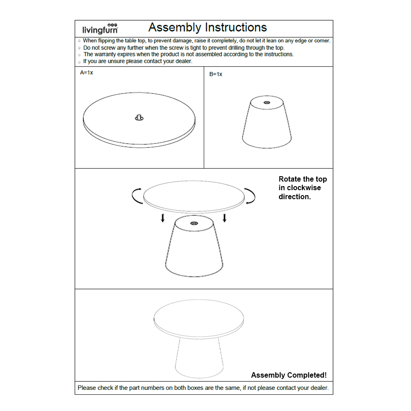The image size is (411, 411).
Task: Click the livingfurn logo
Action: click(100, 29)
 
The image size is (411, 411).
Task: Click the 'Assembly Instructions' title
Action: click(207, 27)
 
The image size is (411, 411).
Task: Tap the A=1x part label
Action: click(87, 73)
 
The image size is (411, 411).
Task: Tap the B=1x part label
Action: click(215, 74)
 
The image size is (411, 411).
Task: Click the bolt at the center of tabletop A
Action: click(139, 118)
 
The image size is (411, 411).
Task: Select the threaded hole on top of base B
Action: click(266, 103)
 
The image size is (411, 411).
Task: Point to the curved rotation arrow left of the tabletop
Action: click(137, 196)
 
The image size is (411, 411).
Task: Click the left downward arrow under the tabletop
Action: click(163, 218)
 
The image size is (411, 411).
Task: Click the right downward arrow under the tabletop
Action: click(224, 218)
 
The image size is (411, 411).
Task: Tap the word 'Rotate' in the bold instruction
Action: click(291, 179)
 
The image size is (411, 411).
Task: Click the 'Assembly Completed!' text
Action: click(289, 375)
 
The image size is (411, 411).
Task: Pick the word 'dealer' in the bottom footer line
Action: click(318, 388)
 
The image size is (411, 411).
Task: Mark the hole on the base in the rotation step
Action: click(194, 224)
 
